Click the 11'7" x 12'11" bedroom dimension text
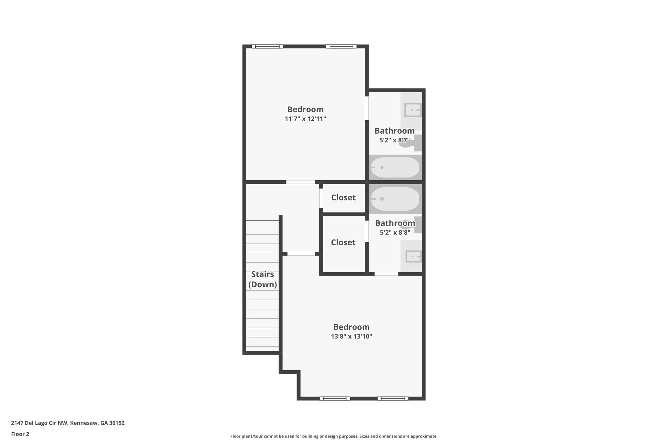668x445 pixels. point(305,119)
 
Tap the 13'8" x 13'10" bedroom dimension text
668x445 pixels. point(351,336)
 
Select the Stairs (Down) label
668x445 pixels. point(263,279)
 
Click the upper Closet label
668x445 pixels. point(343,198)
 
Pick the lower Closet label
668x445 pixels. point(343,243)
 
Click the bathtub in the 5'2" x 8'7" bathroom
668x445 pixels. point(395,168)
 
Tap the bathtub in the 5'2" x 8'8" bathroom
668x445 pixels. point(395,199)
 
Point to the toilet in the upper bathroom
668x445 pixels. point(411,143)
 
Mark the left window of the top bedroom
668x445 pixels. point(267,47)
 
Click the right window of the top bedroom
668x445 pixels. point(341,47)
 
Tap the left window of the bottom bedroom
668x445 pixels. point(335,398)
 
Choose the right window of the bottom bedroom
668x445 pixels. point(393,398)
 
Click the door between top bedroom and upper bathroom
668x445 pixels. point(367,108)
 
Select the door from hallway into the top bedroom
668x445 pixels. point(301,182)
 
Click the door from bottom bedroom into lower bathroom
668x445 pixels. point(386,274)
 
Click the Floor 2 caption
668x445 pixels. point(20,434)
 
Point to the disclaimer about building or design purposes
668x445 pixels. point(334,436)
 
